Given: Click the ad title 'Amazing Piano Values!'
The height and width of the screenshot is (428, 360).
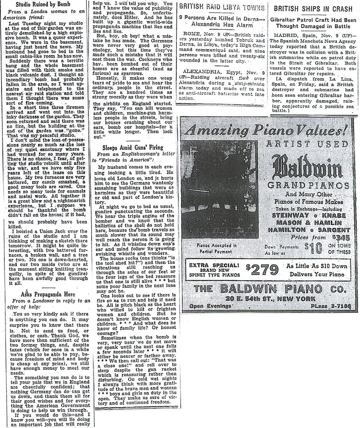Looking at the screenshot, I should point(268,129).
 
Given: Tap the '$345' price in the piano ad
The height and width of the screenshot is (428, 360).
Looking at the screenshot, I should point(341,237).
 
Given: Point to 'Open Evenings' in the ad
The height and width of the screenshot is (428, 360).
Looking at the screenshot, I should point(211,306).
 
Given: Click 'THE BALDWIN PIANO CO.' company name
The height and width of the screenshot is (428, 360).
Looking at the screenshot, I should point(269,288).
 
